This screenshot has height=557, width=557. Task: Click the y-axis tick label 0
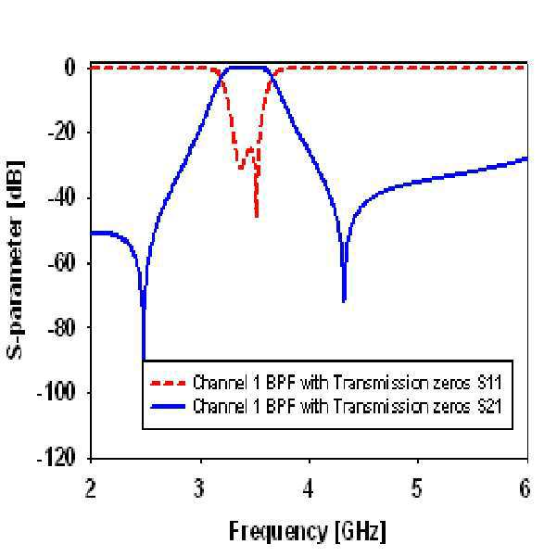click(x=70, y=68)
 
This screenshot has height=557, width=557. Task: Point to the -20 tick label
click(x=62, y=133)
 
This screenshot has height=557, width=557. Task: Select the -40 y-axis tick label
click(x=62, y=197)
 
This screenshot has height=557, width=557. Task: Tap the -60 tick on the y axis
click(x=62, y=263)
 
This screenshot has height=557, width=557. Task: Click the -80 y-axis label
click(x=62, y=328)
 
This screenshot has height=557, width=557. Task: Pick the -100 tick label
click(x=57, y=393)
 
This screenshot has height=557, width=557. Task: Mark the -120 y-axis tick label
click(x=57, y=458)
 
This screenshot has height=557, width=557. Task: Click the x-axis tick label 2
click(x=91, y=488)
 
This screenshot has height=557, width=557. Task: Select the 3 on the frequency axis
click(x=200, y=488)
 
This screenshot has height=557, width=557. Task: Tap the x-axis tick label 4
click(x=309, y=488)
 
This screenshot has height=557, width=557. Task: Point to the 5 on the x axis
click(x=417, y=488)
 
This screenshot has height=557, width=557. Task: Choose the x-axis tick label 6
click(x=525, y=488)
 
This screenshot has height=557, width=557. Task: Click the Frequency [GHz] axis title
click(x=308, y=532)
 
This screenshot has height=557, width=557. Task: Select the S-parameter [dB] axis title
click(x=16, y=260)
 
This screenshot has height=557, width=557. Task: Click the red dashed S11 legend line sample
click(x=168, y=383)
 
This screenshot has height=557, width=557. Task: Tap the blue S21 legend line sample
click(x=168, y=406)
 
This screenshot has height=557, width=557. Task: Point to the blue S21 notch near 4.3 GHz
click(x=344, y=301)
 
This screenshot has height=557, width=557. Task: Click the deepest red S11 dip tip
click(x=257, y=216)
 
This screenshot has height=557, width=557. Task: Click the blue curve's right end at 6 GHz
click(x=526, y=158)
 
